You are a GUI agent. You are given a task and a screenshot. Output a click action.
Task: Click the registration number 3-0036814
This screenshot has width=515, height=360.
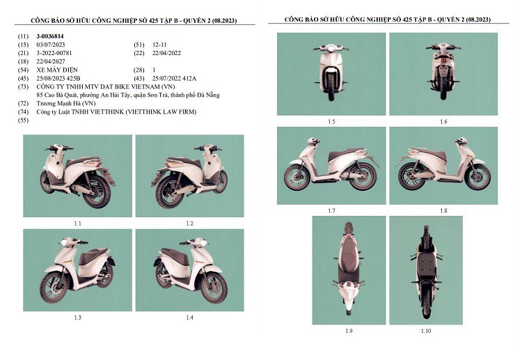coord(53,35)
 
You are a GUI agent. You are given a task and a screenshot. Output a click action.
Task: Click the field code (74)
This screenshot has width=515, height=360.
coord(23,111)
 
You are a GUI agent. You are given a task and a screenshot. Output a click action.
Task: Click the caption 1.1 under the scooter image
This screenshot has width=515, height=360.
coord(77,223)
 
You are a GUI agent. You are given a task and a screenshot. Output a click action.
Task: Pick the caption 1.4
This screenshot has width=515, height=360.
coord(189,317)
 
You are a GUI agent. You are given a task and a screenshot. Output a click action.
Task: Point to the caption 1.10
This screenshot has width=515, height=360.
coord(425,330)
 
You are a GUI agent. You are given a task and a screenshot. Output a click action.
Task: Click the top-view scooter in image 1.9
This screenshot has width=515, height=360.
coord(348,268)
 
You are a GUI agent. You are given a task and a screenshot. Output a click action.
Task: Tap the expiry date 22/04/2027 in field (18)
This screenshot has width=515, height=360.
coord(51,61)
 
